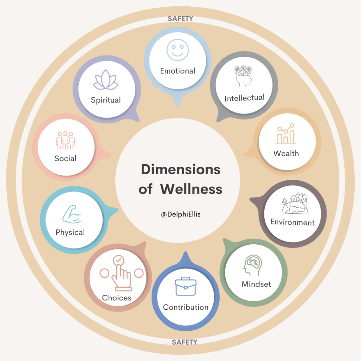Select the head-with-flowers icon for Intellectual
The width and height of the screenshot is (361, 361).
pos(243,77)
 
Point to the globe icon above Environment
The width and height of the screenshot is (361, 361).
pos(294,204)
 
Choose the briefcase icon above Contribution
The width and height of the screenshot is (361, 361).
pos(185,287)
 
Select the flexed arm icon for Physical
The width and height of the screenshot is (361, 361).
pos(72,215)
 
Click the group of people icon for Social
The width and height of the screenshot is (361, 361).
pos(66,140)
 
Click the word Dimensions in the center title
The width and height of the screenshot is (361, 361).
pos(180,170)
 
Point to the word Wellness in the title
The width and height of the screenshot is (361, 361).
pos(191,189)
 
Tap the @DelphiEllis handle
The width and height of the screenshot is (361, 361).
pos(180,214)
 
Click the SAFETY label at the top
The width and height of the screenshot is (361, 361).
pos(180,19)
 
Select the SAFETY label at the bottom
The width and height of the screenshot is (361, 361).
pos(184,342)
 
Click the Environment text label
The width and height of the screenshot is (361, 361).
pos(292,222)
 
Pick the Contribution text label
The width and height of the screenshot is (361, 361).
pos(185,307)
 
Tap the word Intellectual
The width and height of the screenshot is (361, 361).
pos(244,98)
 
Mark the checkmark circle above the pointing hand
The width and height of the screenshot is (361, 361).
pos(118,261)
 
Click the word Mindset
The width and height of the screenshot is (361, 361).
pos(256,284)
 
